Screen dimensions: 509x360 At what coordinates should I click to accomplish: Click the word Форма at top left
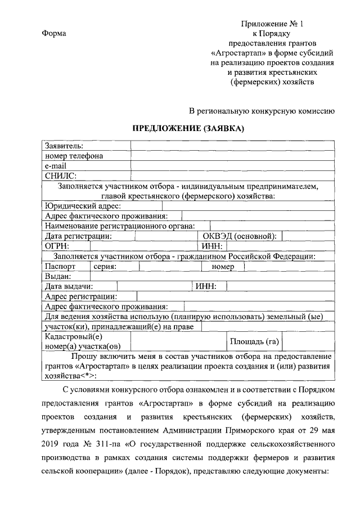(55, 33)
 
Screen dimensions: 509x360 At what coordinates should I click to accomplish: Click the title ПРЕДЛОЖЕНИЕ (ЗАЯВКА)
(188, 128)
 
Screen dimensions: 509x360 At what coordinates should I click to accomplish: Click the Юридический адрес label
(79, 205)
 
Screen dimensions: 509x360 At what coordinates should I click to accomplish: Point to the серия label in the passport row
(105, 266)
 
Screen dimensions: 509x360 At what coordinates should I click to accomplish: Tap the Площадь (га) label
(254, 341)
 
